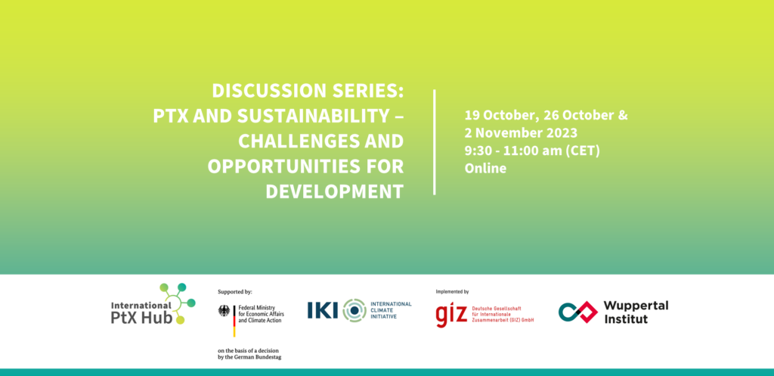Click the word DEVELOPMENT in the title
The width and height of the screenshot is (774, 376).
(335, 191)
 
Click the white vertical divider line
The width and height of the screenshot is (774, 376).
(435, 142)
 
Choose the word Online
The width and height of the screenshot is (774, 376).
(485, 168)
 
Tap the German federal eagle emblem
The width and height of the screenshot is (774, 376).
(224, 311)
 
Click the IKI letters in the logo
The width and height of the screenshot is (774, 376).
(323, 309)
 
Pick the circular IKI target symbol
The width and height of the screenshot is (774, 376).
(354, 310)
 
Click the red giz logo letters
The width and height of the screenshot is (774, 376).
(451, 315)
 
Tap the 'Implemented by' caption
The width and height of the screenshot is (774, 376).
(452, 291)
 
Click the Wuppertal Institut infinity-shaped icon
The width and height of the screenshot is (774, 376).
(578, 312)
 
